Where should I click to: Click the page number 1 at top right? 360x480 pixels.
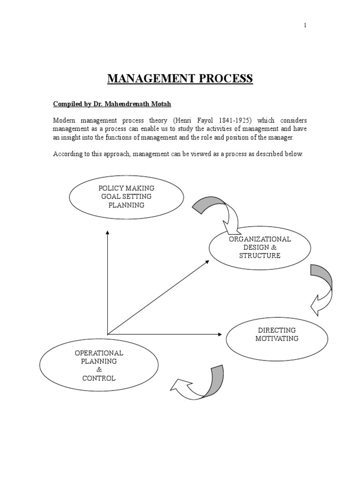(305, 25)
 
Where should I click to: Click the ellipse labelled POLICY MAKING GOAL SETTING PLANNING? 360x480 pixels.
(126, 197)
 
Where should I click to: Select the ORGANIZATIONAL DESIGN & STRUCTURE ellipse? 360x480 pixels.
(260, 247)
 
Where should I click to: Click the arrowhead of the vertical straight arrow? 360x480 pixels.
(107, 232)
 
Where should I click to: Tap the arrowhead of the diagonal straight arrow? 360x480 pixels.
(207, 262)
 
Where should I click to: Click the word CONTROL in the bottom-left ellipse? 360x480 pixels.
(99, 378)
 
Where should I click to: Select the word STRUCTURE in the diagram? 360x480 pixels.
(260, 255)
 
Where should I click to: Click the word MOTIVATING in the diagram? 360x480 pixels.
(277, 338)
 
